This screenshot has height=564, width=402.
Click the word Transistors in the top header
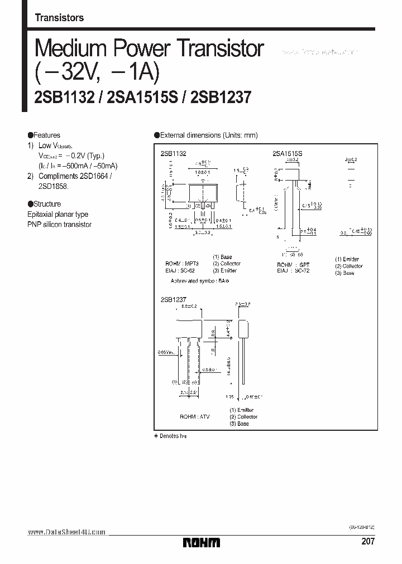(x=59, y=18)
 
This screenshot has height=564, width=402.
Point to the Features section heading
(x=44, y=135)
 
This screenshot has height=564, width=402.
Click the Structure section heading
(x=44, y=204)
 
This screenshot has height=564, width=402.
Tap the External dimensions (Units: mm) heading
(x=205, y=135)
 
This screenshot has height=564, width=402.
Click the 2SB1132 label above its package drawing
(x=173, y=152)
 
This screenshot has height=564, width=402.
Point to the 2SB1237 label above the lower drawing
(x=173, y=299)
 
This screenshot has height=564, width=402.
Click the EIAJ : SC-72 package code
(x=293, y=271)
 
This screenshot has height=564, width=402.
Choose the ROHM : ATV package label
(x=194, y=417)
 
